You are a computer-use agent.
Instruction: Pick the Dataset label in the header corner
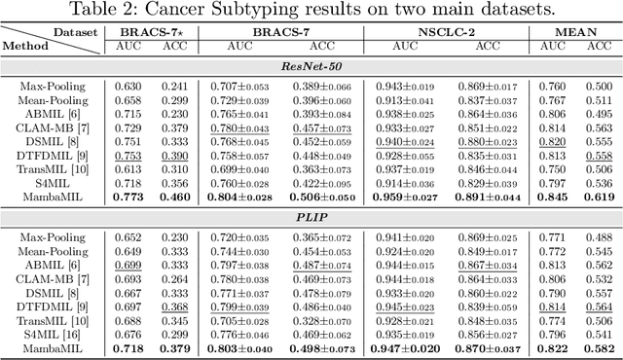click(x=76, y=33)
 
